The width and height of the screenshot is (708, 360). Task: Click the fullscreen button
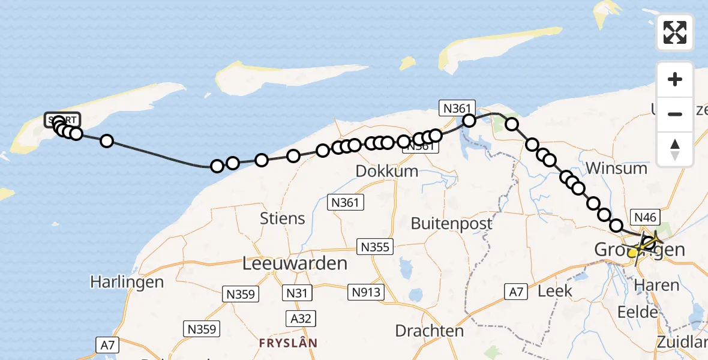(x=675, y=32)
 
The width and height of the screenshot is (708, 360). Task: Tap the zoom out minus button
(x=675, y=114)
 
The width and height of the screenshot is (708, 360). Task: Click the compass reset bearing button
(x=675, y=149)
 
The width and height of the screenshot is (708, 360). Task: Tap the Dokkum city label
(x=387, y=171)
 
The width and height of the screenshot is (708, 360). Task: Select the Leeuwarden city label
(x=295, y=263)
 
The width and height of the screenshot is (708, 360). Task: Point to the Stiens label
(x=283, y=218)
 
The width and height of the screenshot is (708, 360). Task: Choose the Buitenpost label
(x=452, y=224)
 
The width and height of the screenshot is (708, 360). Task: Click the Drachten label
(x=430, y=331)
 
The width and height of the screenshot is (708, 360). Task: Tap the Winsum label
(x=618, y=167)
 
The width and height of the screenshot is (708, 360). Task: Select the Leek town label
(x=555, y=291)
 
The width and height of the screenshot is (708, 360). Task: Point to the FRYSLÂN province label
(x=288, y=343)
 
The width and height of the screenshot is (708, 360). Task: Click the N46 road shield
(x=646, y=217)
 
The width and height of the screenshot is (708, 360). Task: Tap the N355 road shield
(x=375, y=247)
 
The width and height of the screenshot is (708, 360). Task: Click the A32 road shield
(x=301, y=318)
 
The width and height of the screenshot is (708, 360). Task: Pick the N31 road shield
(x=298, y=293)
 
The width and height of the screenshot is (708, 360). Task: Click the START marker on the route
(x=62, y=120)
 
